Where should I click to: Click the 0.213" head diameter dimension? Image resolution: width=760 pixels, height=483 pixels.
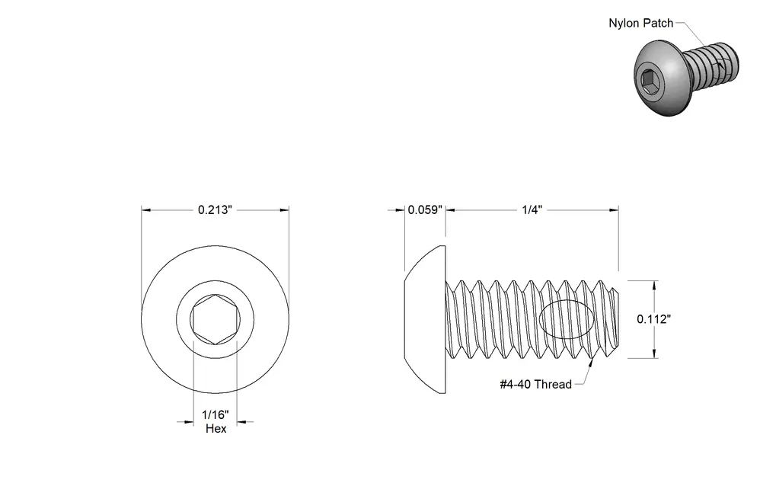(x=216, y=210)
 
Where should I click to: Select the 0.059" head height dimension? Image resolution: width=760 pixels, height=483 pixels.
(x=425, y=210)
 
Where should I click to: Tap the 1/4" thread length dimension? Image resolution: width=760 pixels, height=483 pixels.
(x=532, y=210)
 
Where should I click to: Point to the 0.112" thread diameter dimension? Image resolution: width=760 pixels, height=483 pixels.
(x=654, y=319)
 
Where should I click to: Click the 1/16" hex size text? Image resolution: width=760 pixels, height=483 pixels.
(x=216, y=415)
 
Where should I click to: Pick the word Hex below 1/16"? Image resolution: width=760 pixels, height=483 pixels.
(x=216, y=429)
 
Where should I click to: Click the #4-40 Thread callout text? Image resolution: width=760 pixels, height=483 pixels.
(x=535, y=385)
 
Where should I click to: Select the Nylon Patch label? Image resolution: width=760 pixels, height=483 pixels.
(x=640, y=24)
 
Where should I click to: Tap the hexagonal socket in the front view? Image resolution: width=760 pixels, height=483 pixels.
(x=215, y=319)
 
